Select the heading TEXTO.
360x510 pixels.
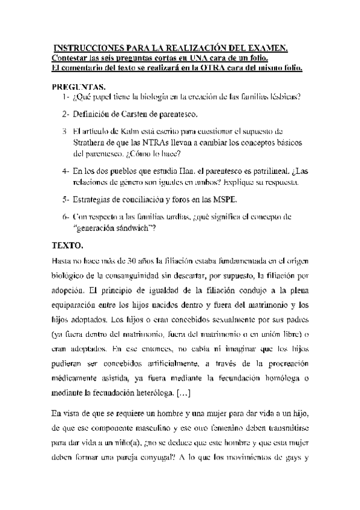[x=69, y=246]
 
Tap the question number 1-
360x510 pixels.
[x=65, y=96]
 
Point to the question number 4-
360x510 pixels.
[x=65, y=171]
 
